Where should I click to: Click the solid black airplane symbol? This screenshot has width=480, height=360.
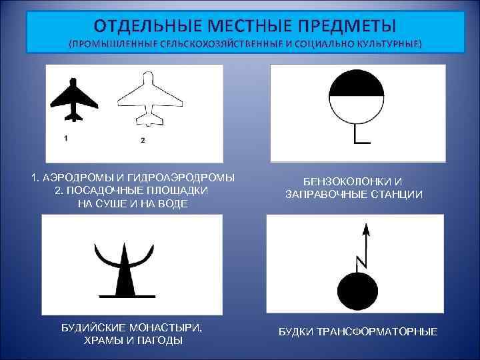click(x=73, y=100)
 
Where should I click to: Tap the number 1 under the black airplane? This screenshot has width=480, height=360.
click(x=66, y=137)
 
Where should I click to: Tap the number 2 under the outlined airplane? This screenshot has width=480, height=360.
click(x=143, y=140)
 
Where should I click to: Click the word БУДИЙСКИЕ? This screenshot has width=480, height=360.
click(x=100, y=328)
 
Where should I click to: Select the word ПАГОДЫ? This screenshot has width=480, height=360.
click(x=159, y=341)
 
